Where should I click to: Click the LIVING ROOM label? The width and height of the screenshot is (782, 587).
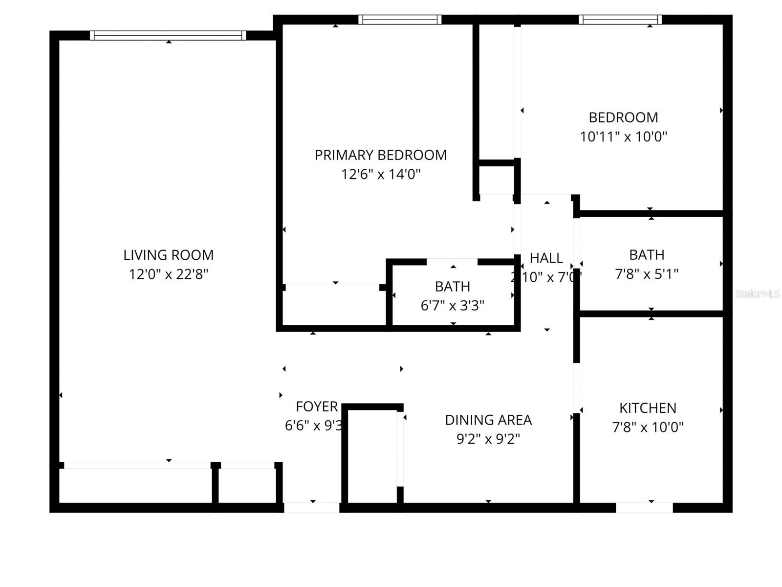tap(168, 255)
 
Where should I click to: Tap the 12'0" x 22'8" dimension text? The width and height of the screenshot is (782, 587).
tap(168, 274)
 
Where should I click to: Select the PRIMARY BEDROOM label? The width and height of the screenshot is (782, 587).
tap(380, 155)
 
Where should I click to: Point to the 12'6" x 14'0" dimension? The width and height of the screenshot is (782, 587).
tap(380, 174)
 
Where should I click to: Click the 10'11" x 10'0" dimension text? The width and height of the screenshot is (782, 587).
tap(623, 136)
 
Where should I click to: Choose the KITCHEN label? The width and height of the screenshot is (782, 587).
tap(648, 408)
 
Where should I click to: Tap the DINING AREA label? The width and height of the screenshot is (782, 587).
tap(488, 420)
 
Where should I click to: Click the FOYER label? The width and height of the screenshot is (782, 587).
tap(317, 406)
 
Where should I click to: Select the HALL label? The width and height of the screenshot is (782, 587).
tap(546, 258)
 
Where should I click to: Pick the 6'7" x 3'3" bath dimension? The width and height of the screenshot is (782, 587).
tap(452, 306)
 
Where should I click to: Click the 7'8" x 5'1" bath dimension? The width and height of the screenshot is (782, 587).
tap(646, 274)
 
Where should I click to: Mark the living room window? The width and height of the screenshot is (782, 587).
tap(168, 35)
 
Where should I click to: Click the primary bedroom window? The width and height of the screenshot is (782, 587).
tap(400, 20)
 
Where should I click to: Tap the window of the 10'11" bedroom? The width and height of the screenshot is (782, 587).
tap(620, 20)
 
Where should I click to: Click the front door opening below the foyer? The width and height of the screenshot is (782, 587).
tap(312, 508)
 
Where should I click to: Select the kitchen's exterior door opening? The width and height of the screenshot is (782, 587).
tap(644, 508)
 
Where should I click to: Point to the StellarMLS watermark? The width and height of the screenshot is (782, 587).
tap(757, 293)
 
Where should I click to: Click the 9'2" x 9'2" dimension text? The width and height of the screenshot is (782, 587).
tap(488, 439)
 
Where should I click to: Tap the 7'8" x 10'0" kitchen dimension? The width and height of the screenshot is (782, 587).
tap(648, 427)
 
